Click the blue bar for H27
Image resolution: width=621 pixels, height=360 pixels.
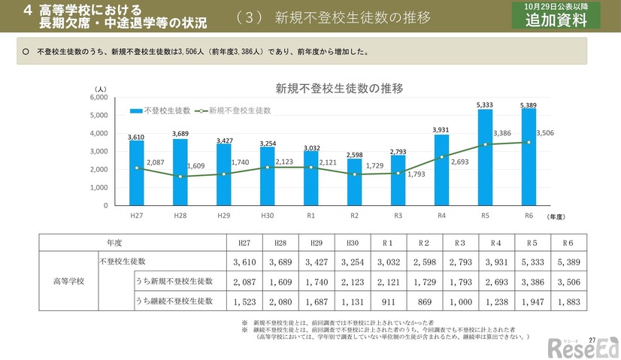136,173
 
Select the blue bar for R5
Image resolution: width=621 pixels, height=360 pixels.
485,158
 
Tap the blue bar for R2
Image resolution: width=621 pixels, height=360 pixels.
354,182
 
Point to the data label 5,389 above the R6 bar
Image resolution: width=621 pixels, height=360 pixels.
529,104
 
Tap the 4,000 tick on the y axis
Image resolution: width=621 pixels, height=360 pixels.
98,134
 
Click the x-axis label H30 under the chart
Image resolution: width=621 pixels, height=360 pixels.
267,216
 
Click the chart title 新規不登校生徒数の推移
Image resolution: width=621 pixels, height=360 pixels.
329,88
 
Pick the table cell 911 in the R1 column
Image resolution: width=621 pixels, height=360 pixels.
387,300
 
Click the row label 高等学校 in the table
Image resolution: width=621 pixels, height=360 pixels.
68,281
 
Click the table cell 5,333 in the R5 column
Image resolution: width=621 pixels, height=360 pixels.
532,262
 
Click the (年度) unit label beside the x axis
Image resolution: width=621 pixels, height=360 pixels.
556,216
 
